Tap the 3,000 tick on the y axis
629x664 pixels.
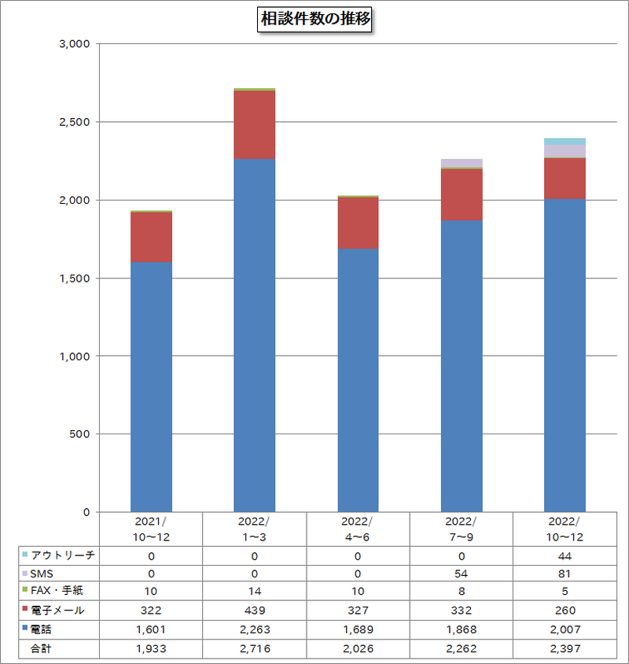click(76, 44)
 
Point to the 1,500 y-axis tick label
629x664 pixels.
click(76, 279)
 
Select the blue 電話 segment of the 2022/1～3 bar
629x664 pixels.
click(255, 334)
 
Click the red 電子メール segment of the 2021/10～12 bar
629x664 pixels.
click(151, 237)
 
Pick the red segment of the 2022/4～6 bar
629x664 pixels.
click(358, 223)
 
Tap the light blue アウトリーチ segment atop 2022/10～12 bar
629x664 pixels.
click(565, 142)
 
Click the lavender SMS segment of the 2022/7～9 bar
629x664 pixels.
click(462, 163)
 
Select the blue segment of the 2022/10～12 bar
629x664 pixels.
click(565, 354)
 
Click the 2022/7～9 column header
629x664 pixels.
click(462, 529)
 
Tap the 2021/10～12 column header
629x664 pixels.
click(150, 529)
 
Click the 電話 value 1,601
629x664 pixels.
click(150, 629)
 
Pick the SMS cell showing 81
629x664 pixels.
click(565, 574)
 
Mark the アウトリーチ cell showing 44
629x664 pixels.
click(565, 555)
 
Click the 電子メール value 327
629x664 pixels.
click(358, 610)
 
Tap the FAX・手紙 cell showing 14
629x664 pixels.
click(254, 592)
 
